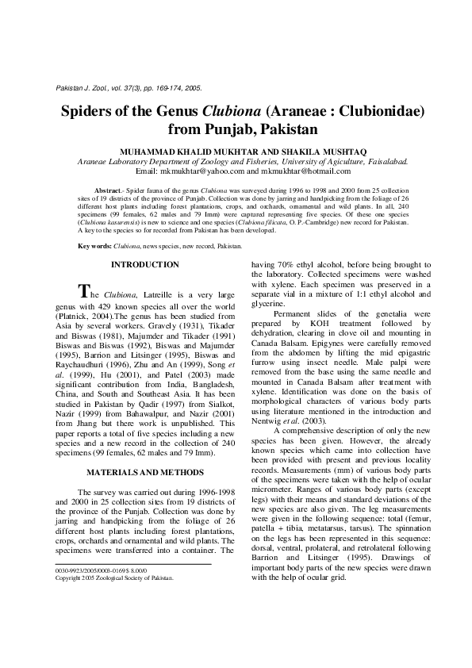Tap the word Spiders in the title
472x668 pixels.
[x=92, y=110]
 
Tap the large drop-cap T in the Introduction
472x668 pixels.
[x=79, y=290]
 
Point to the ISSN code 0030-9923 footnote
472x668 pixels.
[x=79, y=570]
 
